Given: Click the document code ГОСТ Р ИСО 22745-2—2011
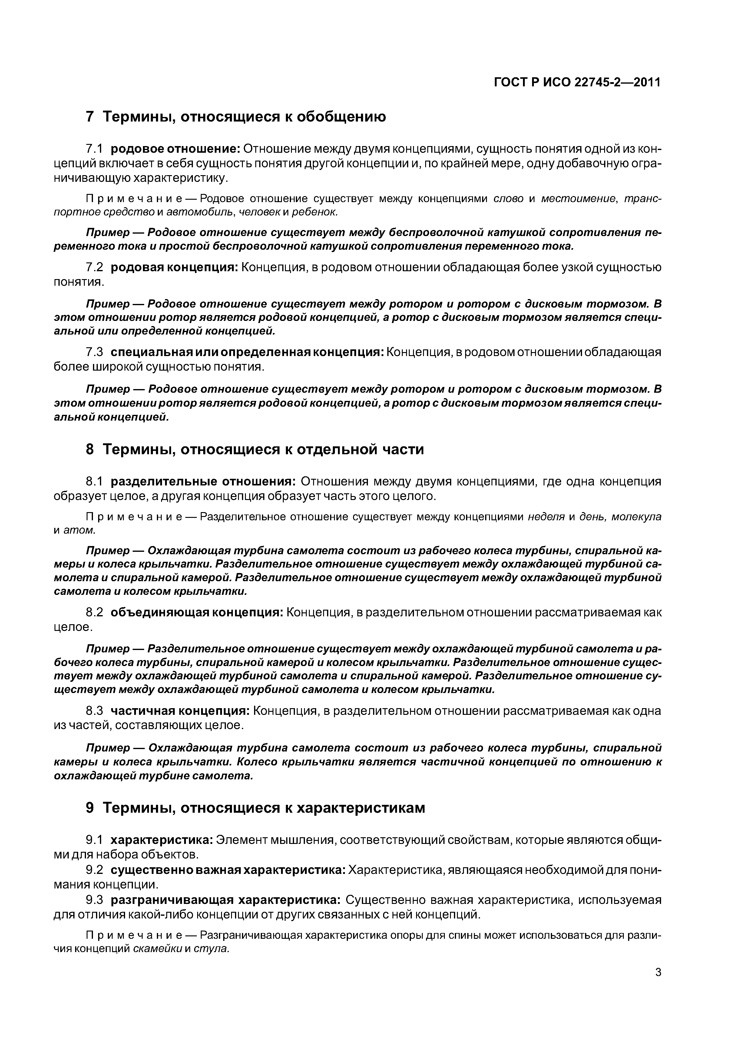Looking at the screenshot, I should coord(577,82).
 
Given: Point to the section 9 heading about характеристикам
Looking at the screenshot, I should coord(255,808).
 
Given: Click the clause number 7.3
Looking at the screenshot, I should coord(94,352).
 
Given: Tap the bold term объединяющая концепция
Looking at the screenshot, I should coord(197,612).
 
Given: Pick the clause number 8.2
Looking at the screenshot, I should coord(94,612).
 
